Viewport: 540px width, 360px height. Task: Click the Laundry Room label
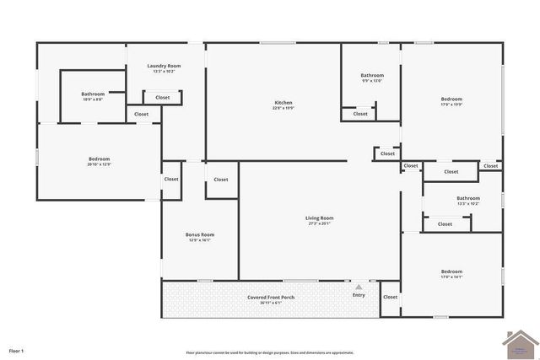164,66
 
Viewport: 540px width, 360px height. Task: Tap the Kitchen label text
283,103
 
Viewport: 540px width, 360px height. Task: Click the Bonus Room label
200,234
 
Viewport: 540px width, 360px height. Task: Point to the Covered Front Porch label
271,297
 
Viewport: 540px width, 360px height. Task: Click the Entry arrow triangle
359,287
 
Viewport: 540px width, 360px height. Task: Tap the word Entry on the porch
359,295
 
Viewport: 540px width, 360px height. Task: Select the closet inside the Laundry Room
162,98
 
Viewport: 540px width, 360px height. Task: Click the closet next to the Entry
390,297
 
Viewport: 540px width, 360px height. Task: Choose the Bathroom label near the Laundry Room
93,94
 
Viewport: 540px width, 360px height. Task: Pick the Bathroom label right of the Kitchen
372,75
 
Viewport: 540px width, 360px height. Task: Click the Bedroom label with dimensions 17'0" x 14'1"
451,271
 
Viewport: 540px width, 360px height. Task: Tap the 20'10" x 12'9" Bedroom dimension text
99,164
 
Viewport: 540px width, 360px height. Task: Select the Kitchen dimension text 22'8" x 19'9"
283,108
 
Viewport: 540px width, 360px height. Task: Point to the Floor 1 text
16,350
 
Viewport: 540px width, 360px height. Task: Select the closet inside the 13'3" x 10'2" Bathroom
445,224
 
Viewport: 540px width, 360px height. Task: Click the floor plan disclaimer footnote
270,352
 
